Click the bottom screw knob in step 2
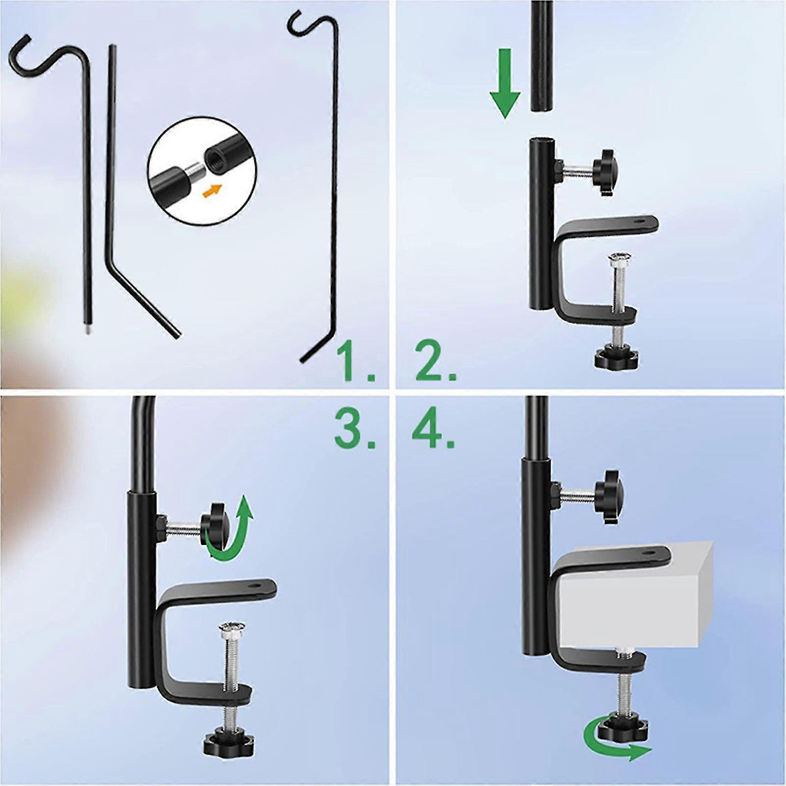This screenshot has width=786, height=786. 617,359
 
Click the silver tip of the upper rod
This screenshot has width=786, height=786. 86,332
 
